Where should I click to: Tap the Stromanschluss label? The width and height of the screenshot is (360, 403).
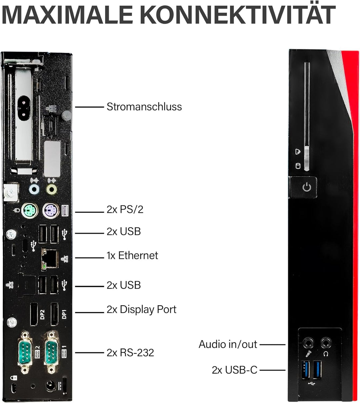[144, 107]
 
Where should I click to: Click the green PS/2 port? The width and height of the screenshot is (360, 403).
[30, 211]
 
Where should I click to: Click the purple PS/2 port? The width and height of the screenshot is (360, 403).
[51, 211]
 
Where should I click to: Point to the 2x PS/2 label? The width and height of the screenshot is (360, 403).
[125, 210]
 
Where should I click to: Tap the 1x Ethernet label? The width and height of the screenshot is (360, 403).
[132, 256]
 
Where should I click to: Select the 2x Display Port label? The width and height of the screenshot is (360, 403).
[141, 309]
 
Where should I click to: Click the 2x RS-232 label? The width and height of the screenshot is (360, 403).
[130, 353]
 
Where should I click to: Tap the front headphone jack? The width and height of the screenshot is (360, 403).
[326, 343]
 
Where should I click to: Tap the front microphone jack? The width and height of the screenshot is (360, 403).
[308, 343]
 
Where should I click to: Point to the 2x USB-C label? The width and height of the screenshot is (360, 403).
[235, 370]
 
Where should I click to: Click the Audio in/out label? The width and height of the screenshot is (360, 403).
[228, 344]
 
